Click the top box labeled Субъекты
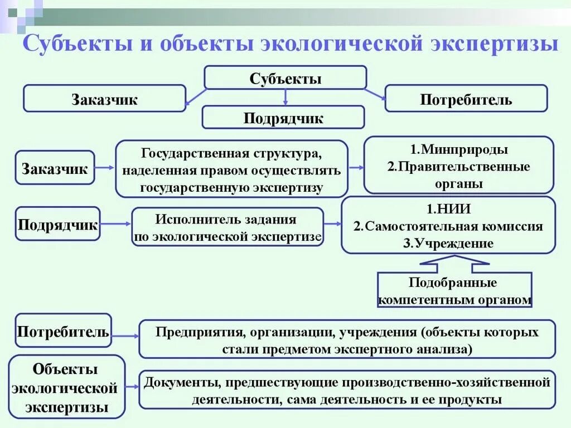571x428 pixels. coord(285,78)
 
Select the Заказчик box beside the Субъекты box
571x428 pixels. coord(104,99)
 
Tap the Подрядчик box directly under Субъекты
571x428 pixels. coord(283,118)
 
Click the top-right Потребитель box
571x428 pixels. coord(466,99)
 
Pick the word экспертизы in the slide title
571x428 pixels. coord(500,44)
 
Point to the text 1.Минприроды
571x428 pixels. coord(458,149)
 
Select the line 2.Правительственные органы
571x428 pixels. coord(458,175)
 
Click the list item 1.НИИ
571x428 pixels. coord(448,210)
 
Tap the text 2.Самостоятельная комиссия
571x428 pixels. coord(448,226)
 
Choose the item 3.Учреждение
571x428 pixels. coord(448,243)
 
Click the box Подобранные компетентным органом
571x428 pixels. coord(454,290)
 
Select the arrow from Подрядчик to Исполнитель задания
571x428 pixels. coord(115,224)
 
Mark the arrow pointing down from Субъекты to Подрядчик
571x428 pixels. coord(285,98)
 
